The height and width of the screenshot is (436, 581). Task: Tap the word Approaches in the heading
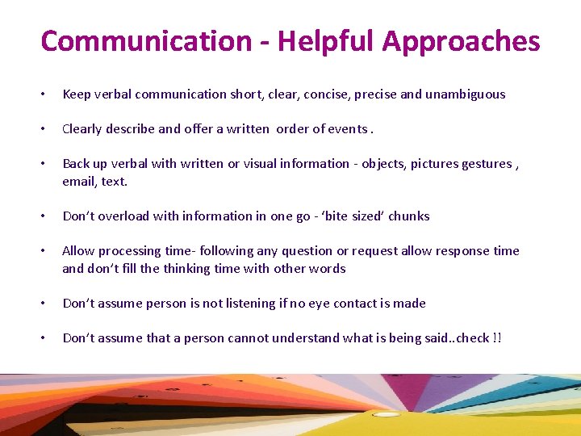[x=461, y=41]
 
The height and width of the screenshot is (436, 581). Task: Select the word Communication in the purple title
[x=146, y=41]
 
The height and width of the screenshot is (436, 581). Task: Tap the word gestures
[x=487, y=164]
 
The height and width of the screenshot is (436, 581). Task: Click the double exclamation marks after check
[x=496, y=338]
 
